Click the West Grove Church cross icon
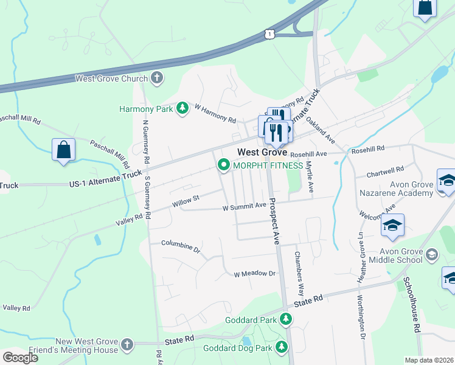tap(157, 78)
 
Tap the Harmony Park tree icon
tap(181, 109)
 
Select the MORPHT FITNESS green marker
tap(223, 165)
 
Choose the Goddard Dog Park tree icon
tap(281, 347)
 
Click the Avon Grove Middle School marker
tap(432, 253)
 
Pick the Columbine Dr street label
tap(181, 246)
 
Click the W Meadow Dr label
tap(255, 274)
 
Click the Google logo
tap(20, 358)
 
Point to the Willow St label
tap(186, 199)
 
